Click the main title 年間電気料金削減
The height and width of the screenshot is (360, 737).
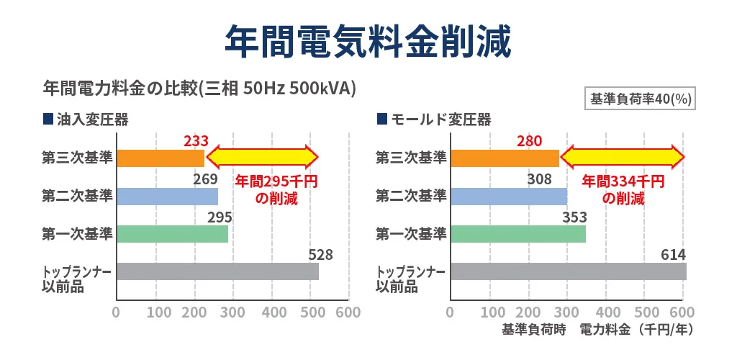(x=368, y=41)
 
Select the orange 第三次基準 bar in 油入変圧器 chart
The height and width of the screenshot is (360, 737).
(x=160, y=158)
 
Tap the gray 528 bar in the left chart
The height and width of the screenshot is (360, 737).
(x=217, y=271)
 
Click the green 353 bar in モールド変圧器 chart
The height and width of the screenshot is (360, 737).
(x=517, y=234)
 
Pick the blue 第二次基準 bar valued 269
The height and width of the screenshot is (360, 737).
(x=167, y=196)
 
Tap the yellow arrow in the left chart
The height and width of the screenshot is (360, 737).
(x=262, y=157)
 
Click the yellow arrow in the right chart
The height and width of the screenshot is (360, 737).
(x=623, y=157)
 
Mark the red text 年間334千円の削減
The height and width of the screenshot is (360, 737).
(x=623, y=190)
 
